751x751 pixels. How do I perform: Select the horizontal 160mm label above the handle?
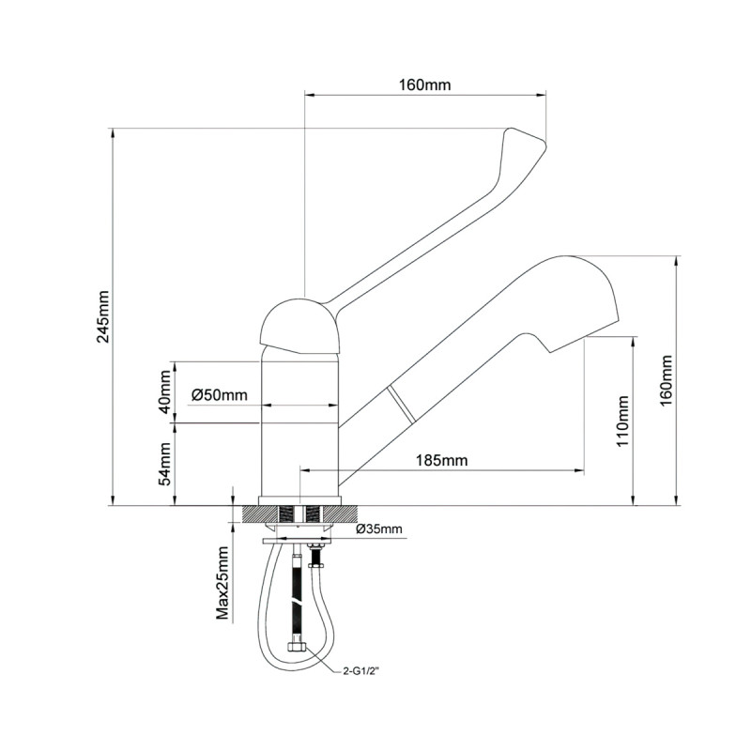click(x=424, y=84)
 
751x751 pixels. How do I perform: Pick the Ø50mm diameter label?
click(x=219, y=395)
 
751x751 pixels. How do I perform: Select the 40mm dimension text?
click(x=165, y=392)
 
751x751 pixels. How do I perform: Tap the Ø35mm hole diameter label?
click(x=378, y=529)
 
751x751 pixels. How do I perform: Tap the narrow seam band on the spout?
click(x=400, y=406)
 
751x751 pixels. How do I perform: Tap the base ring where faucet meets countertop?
click(x=299, y=498)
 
